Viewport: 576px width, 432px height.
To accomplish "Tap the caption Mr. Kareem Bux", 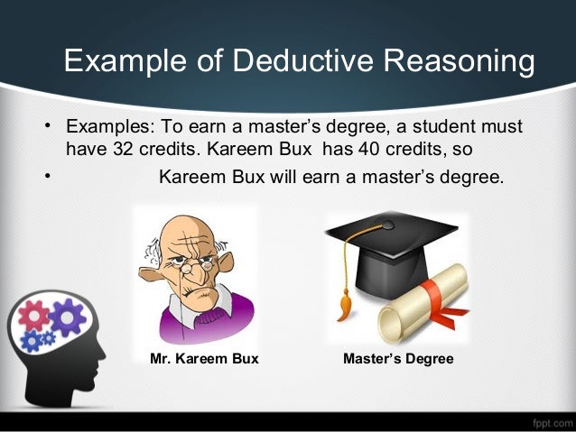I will click(203, 359).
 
